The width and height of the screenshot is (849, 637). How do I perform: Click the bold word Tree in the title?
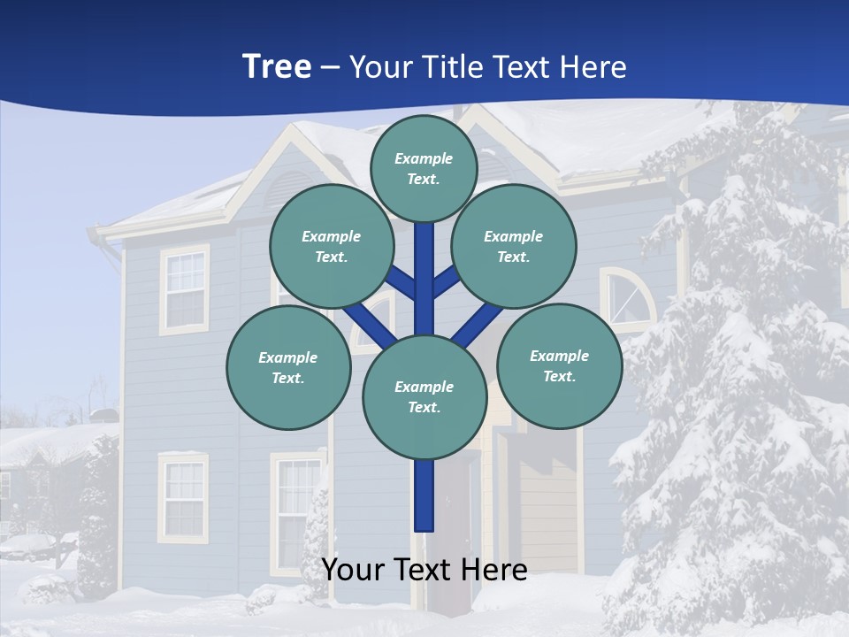click(x=277, y=66)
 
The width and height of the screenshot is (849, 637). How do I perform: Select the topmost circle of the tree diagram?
click(x=424, y=168)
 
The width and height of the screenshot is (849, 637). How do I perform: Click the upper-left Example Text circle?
click(x=331, y=247)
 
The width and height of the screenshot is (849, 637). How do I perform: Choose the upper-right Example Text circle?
click(x=513, y=247)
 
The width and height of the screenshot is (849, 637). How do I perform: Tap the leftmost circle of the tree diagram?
click(x=287, y=368)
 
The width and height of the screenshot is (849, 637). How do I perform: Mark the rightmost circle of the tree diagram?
click(x=559, y=365)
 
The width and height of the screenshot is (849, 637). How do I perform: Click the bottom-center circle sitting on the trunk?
click(x=424, y=397)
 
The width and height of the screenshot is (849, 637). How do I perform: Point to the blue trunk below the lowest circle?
click(x=424, y=495)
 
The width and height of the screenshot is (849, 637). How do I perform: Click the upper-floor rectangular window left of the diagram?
click(x=184, y=289)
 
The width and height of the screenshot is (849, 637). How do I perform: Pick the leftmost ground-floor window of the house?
click(x=183, y=497)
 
